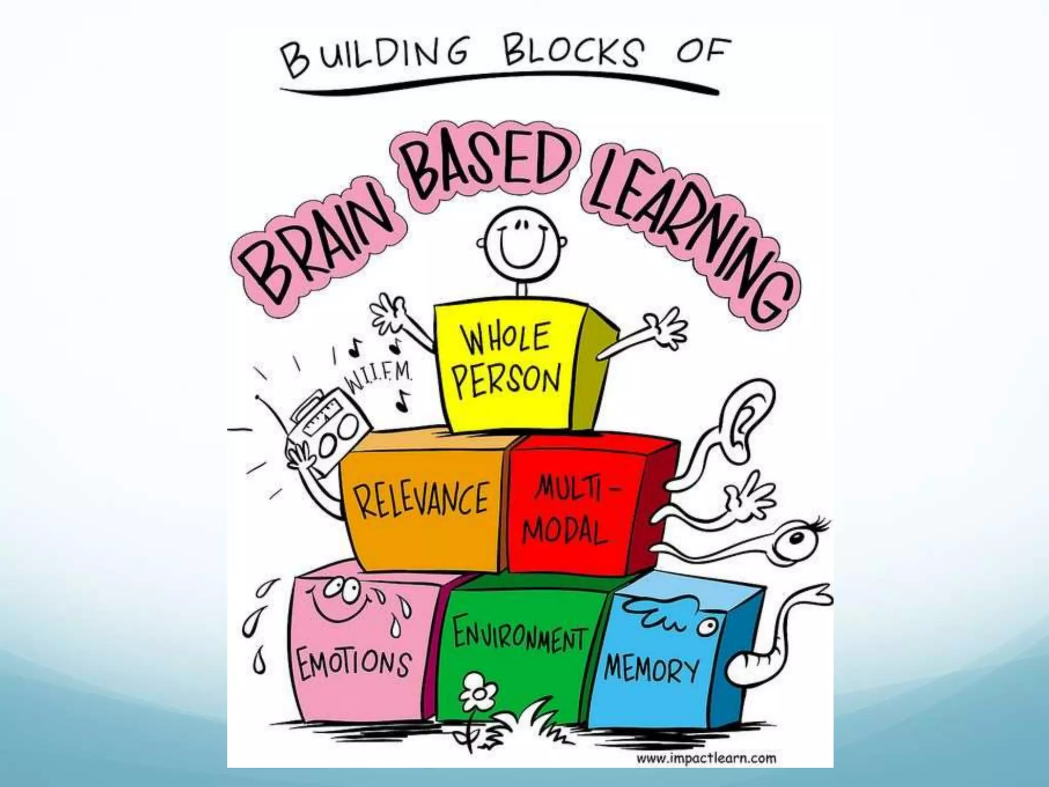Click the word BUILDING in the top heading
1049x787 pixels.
pyautogui.click(x=372, y=60)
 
